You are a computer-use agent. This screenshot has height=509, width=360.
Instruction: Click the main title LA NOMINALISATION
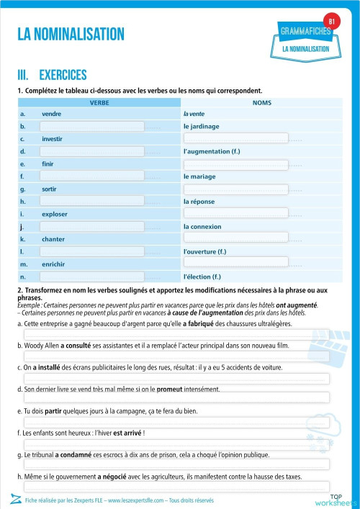71,34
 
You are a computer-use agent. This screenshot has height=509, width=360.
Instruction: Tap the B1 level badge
332,22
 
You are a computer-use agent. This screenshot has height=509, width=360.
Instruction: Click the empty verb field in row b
91,126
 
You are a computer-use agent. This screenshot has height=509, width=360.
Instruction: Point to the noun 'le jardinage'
202,126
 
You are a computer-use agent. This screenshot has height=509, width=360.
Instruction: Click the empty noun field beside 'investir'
235,138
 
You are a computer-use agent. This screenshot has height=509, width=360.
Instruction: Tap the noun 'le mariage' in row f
200,176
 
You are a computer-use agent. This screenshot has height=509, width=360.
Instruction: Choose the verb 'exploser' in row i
55,214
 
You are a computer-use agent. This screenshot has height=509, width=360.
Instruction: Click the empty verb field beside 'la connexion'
91,226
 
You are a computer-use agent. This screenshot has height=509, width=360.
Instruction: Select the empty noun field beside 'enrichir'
235,263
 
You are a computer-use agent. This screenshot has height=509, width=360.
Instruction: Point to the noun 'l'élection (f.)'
202,276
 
